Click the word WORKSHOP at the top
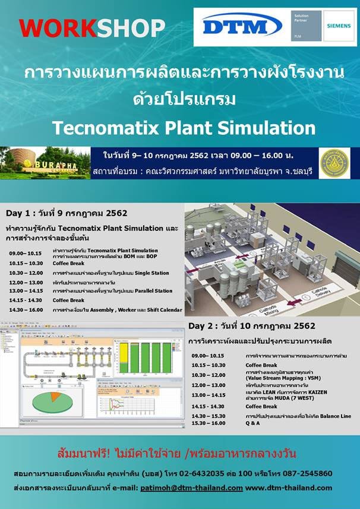(92, 27)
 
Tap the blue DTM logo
(242, 26)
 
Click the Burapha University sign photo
(45, 163)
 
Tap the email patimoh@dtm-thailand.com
(191, 488)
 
